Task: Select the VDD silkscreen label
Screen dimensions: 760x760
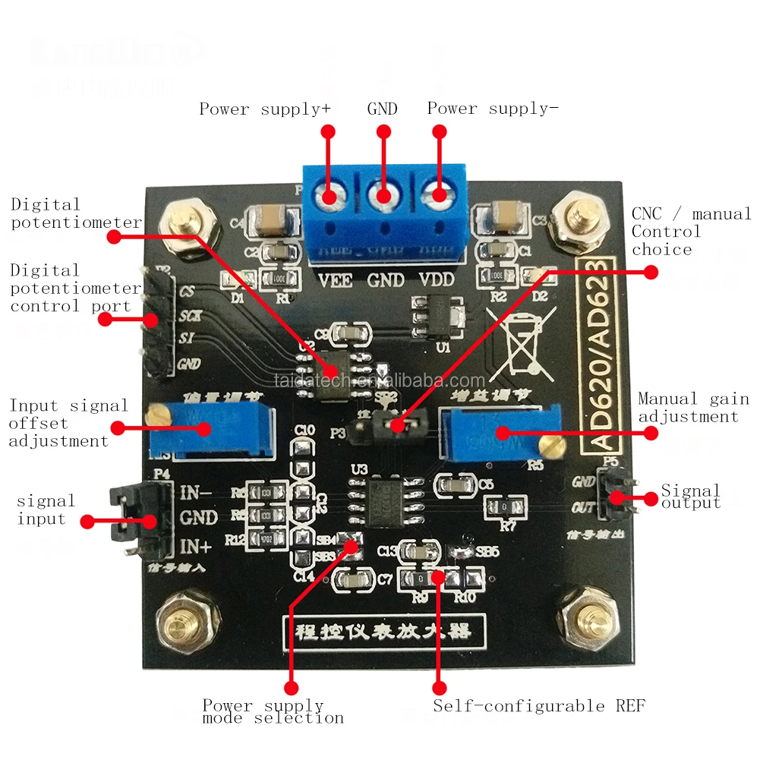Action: pos(437,280)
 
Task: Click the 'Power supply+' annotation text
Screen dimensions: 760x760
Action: pos(265,109)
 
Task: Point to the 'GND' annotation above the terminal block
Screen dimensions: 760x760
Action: pos(383,109)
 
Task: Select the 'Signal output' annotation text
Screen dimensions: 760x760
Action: pos(691,497)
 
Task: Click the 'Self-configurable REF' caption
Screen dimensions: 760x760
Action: pos(539,706)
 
